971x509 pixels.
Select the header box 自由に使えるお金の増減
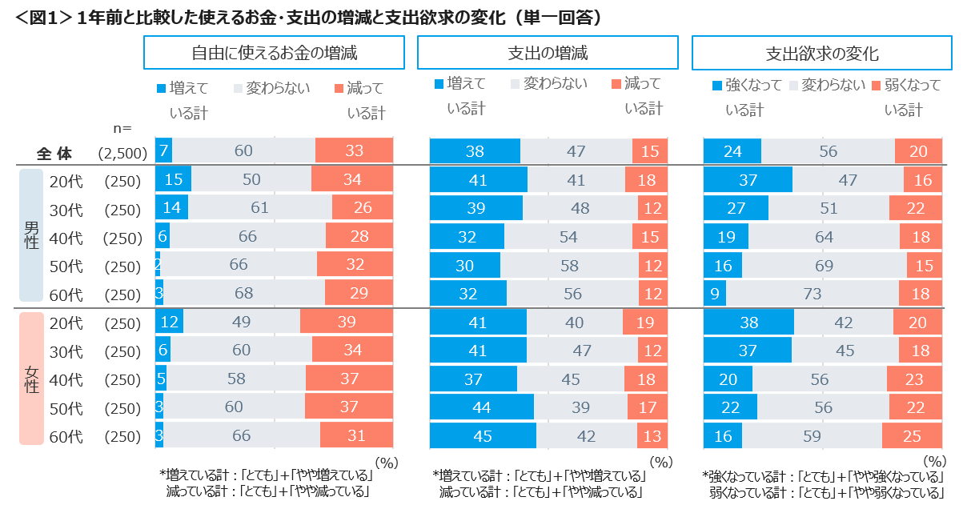pos(274,54)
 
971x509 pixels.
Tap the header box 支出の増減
pos(548,54)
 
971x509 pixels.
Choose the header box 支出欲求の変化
pos(822,54)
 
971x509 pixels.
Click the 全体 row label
pos(56,152)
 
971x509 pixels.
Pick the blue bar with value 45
pos(483,435)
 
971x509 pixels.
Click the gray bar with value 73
pos(812,295)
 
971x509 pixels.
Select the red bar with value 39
pos(347,323)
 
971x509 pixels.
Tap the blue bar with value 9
pos(714,295)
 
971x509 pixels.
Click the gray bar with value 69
pos(824,266)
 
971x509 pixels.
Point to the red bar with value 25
pos(912,435)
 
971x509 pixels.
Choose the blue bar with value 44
pos(481,407)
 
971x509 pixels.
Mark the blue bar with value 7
pos(163,151)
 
